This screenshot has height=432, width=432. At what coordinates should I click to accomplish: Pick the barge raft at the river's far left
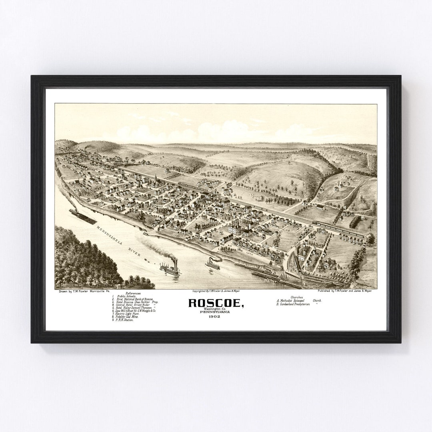click(x=82, y=216)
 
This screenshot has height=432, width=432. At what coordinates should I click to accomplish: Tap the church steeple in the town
click(x=155, y=179)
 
